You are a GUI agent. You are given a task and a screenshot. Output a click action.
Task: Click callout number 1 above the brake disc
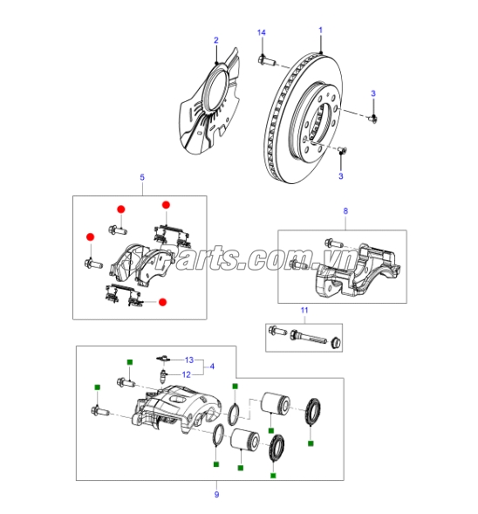pos(320,31)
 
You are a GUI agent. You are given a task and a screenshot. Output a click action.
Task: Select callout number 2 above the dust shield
pos(216,39)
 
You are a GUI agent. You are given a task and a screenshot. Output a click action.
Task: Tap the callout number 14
pos(260,32)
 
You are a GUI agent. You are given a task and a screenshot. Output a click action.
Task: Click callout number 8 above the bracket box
pos(345,210)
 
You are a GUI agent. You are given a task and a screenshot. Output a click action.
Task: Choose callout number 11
pos(304,310)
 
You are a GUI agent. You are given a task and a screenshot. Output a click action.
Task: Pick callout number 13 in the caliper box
pos(187,360)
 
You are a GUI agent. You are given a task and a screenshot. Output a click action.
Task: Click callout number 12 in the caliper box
pos(187,374)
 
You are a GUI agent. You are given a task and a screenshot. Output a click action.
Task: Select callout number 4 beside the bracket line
pos(211,367)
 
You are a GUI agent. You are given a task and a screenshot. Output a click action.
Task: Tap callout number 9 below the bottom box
pos(216,496)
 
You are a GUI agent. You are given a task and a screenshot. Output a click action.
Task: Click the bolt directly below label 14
pos(264,60)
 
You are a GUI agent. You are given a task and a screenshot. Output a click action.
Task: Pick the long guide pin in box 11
pos(311,337)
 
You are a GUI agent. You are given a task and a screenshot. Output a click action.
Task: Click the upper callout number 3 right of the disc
pos(373,93)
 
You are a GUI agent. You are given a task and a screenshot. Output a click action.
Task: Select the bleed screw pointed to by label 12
pos(162,377)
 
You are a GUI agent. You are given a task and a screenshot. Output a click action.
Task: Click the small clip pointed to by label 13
pos(160,358)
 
